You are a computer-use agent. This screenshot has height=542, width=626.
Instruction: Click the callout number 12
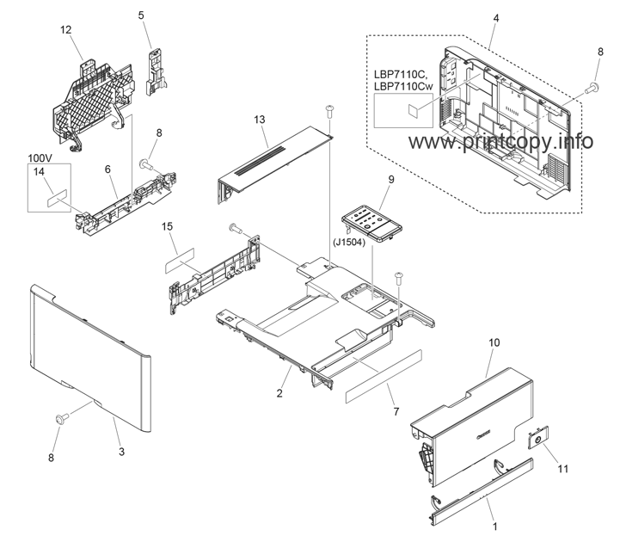point(66,30)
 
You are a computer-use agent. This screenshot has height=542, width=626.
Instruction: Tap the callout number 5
point(141,15)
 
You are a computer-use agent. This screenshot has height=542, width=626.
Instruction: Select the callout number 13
point(260,120)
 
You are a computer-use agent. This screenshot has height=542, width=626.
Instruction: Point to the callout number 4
point(496,18)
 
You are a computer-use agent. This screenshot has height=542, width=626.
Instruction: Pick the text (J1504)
point(349,243)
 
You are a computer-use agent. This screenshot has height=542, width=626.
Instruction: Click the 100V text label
point(40,158)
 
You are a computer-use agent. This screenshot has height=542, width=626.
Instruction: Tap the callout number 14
point(40,172)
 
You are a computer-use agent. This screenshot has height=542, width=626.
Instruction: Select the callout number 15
point(168,226)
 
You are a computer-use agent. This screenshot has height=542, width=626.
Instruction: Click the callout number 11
point(562,469)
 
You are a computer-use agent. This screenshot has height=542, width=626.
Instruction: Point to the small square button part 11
point(538,438)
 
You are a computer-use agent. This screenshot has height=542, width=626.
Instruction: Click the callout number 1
point(495,527)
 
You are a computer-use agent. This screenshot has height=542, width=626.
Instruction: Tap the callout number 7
point(396,411)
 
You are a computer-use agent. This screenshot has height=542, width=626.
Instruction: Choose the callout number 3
point(121,452)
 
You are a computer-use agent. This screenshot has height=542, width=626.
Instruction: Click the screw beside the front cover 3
point(62,419)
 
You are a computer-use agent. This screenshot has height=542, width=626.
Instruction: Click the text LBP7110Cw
point(403,86)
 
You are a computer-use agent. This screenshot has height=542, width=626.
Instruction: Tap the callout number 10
point(494,342)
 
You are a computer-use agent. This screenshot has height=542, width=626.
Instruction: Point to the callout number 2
point(279,393)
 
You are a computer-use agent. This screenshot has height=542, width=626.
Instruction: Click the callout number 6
point(107,169)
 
